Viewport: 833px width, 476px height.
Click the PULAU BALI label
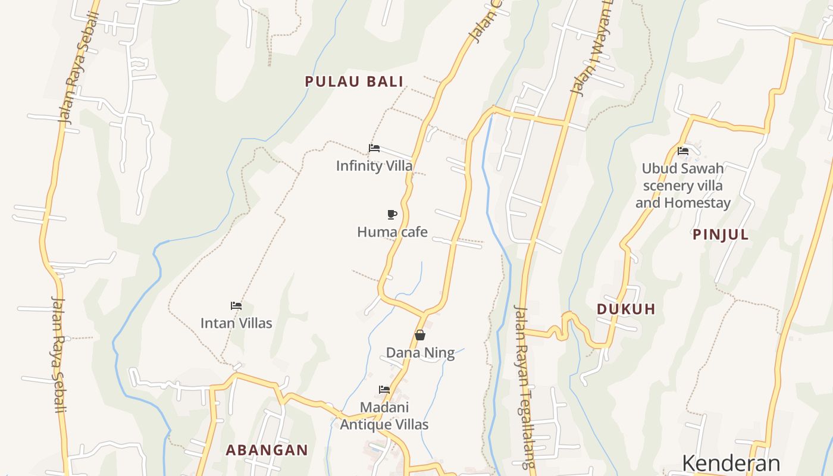point(354,82)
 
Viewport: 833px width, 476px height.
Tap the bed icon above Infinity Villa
point(374,148)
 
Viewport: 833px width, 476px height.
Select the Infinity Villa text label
point(374,165)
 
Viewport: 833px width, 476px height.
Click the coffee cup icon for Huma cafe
point(392,214)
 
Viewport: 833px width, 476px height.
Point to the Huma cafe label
point(392,231)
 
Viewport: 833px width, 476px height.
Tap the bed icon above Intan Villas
point(236,306)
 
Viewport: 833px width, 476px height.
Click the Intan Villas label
point(236,323)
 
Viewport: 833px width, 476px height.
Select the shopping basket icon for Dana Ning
point(420,335)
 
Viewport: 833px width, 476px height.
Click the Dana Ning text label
point(420,353)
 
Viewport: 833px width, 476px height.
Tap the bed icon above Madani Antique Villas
point(384,390)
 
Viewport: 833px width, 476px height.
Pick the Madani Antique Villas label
point(384,416)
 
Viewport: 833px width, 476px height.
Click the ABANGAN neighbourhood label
point(267,450)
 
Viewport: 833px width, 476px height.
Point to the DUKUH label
point(626,309)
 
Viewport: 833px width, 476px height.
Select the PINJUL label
point(721,234)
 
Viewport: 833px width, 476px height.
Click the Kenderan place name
point(731,463)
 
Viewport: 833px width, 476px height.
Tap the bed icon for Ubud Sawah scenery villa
point(683,151)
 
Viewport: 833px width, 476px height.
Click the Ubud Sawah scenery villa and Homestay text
point(683,186)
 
